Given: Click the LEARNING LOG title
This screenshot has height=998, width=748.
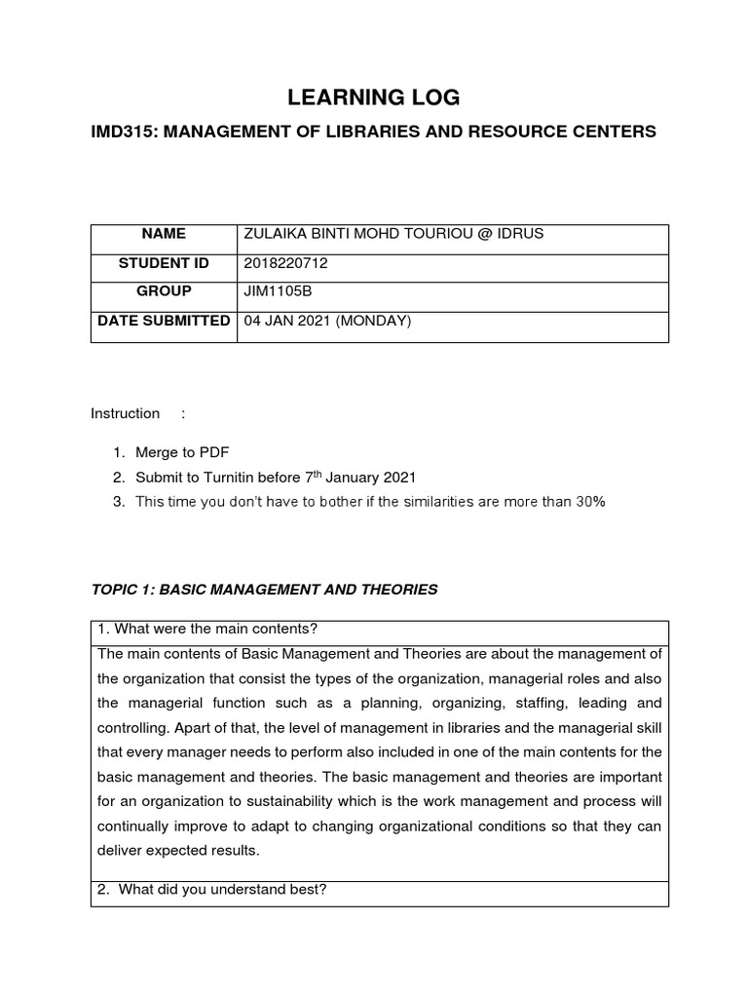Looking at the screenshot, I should (373, 96).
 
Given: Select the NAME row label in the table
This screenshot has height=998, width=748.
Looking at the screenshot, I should (163, 234).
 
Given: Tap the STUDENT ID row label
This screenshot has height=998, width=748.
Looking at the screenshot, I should (163, 263).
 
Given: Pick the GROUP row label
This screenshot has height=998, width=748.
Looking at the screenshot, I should (163, 291).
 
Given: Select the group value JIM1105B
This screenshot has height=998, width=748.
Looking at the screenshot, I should (273, 291).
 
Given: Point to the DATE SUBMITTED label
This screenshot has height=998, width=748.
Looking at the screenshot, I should (163, 321).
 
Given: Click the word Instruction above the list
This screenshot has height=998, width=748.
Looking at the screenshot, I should (125, 413).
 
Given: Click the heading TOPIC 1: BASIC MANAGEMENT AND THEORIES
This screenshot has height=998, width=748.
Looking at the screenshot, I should (264, 589).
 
